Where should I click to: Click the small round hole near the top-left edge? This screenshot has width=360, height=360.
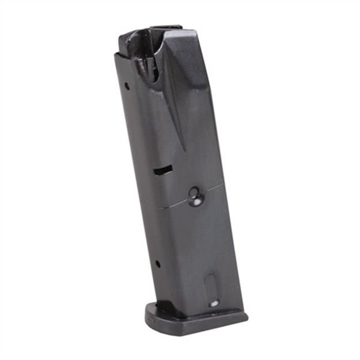127,87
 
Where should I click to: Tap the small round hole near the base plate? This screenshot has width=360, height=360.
157,264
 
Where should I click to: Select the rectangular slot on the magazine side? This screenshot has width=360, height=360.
163,170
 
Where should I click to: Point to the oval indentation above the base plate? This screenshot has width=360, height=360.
211,288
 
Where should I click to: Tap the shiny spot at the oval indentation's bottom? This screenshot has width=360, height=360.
214,302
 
